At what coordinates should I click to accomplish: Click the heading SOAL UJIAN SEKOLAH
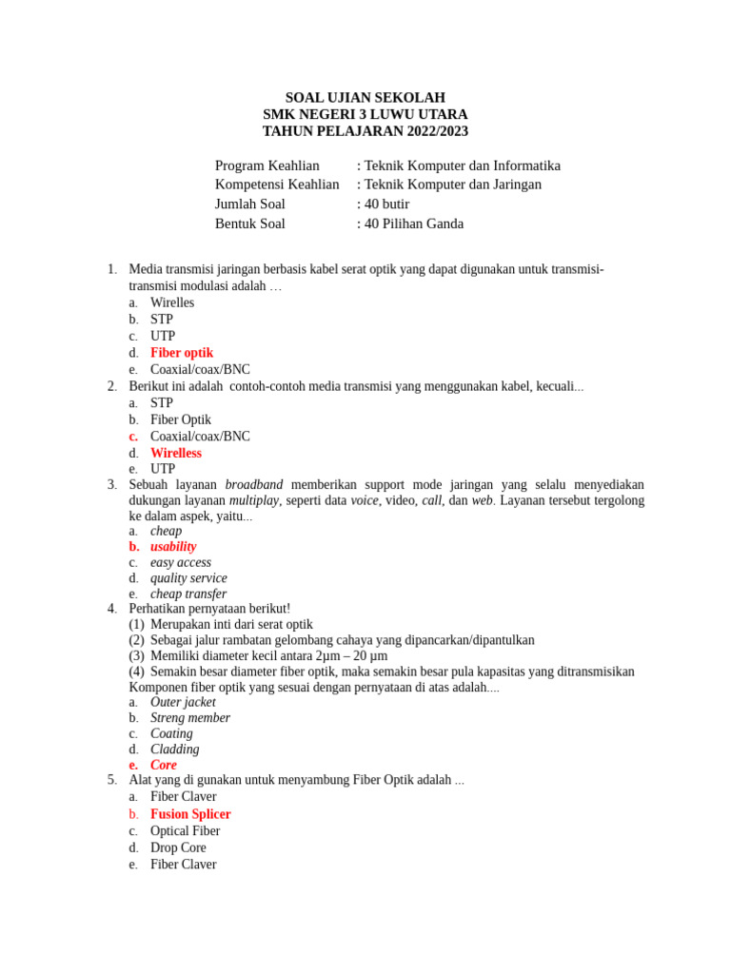365,98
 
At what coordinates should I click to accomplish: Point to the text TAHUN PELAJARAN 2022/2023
365,131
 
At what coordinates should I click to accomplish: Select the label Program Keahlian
267,166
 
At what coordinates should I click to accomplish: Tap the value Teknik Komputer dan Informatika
462,166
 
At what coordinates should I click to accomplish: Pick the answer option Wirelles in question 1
172,302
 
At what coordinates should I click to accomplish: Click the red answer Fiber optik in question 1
182,353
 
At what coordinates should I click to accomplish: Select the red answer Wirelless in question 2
176,453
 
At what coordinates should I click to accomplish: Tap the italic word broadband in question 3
254,484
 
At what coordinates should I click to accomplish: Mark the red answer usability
173,547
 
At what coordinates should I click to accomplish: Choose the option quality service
188,578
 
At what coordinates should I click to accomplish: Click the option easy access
181,562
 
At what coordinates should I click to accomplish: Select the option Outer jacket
183,702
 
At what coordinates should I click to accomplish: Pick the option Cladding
175,750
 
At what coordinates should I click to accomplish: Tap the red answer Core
164,765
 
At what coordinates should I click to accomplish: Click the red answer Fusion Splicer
190,814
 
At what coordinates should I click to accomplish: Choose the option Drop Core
178,847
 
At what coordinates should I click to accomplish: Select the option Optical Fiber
185,830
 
